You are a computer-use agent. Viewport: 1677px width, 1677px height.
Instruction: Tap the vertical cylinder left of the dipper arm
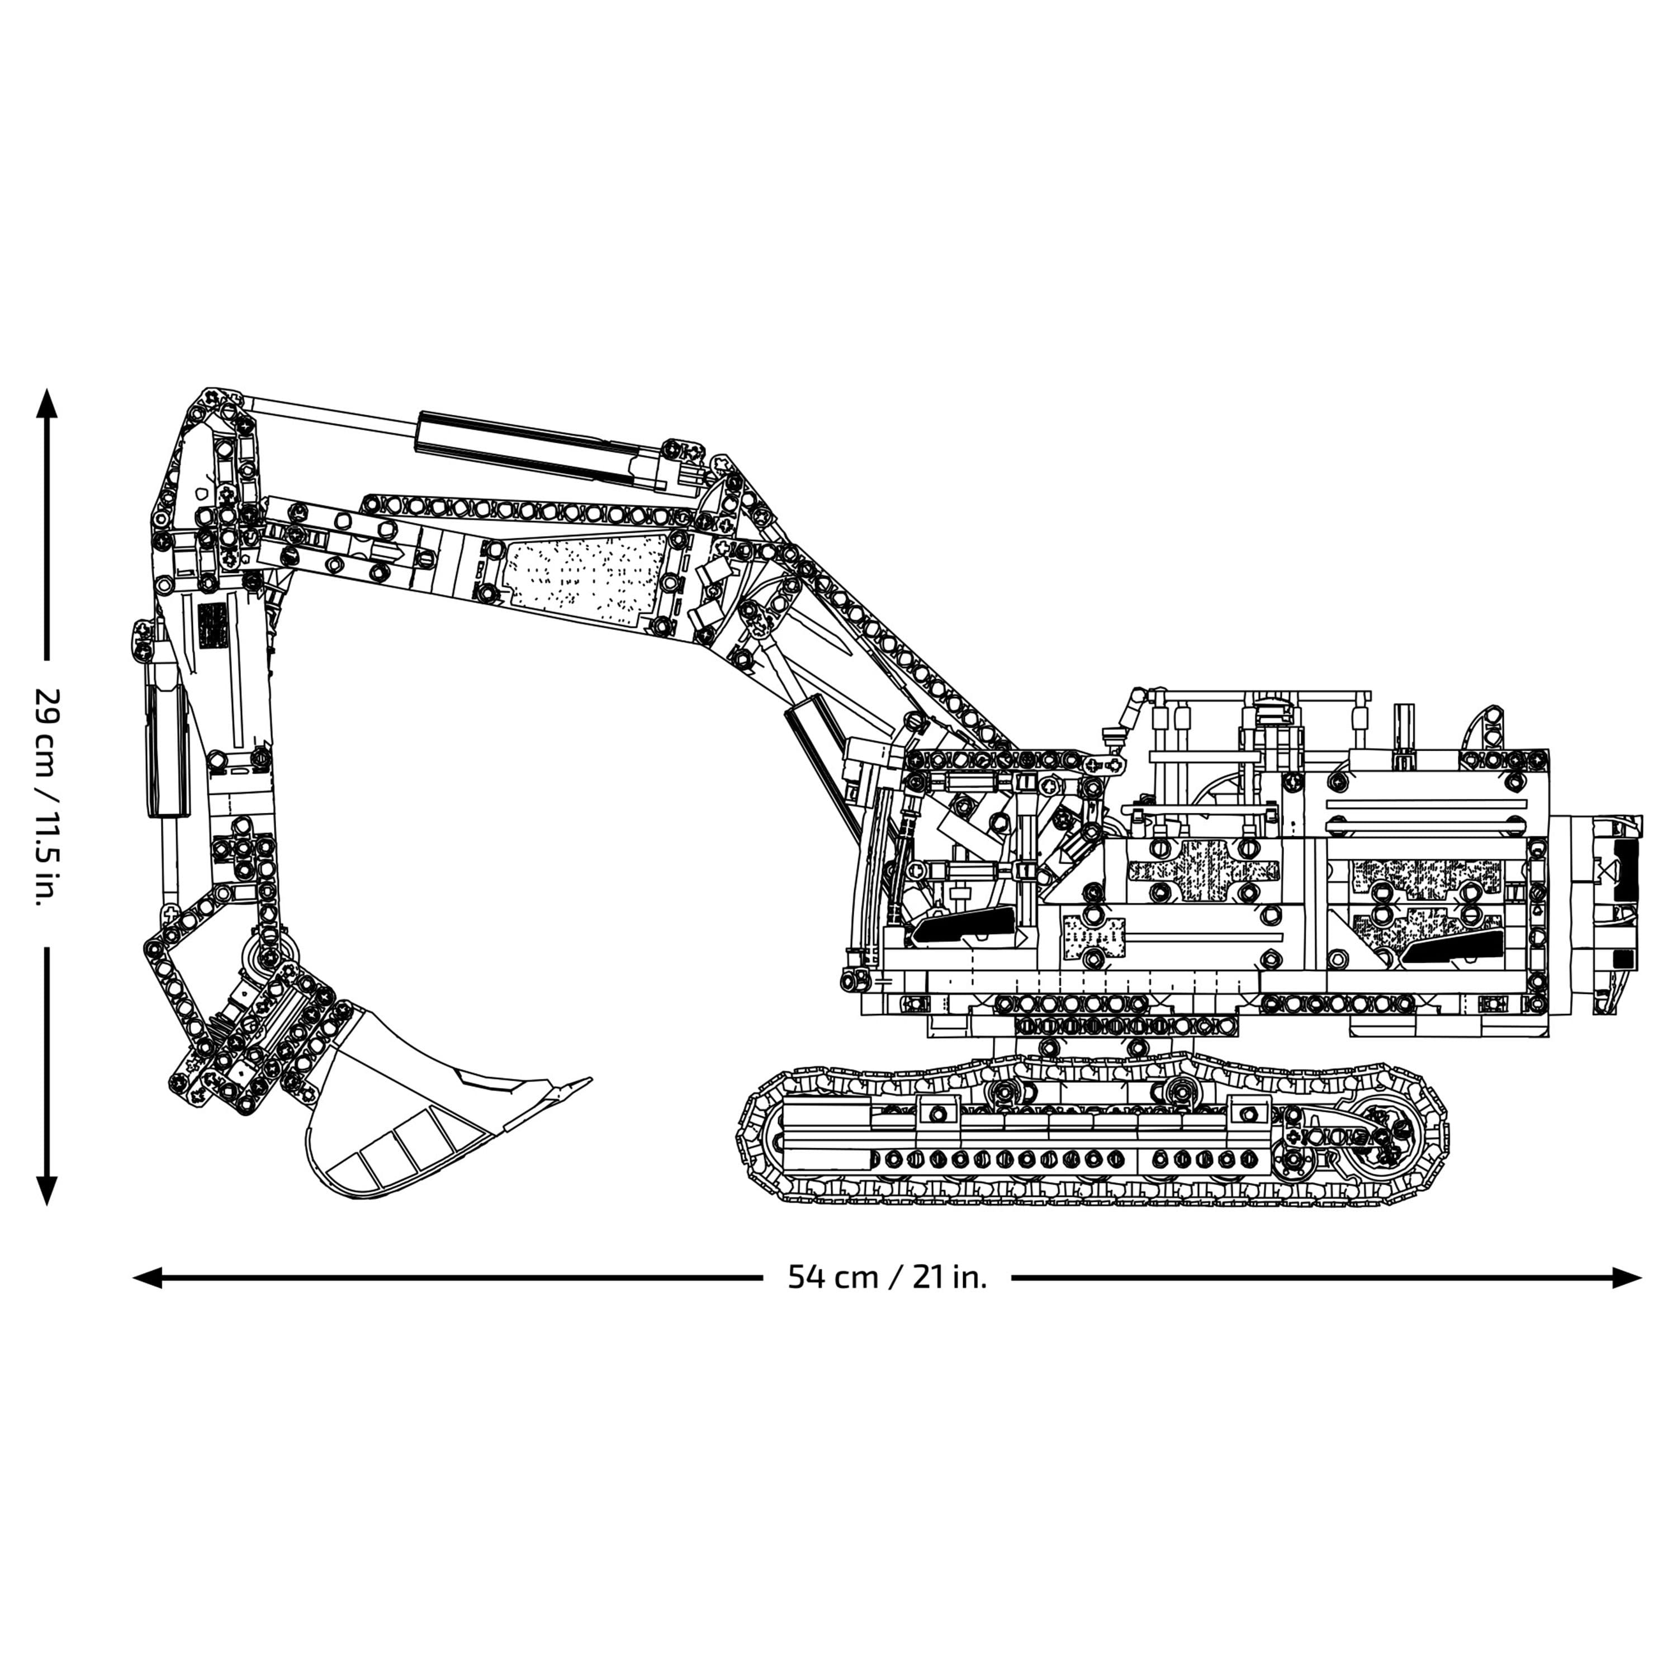point(165,746)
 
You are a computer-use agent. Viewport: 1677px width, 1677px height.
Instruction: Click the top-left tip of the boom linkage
point(210,396)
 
